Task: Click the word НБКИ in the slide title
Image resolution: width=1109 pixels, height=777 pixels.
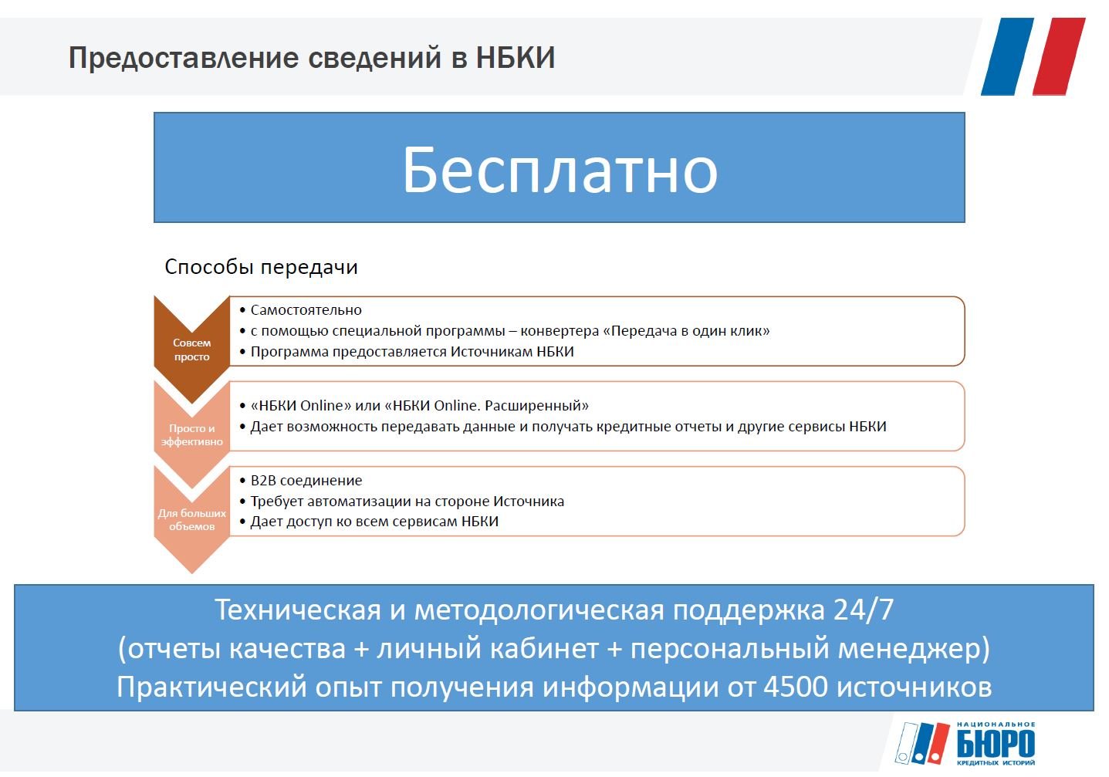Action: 516,57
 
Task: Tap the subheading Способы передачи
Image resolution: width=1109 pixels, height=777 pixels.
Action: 261,267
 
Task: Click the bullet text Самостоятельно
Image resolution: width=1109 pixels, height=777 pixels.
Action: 306,310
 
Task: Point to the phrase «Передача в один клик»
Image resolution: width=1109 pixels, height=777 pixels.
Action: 686,330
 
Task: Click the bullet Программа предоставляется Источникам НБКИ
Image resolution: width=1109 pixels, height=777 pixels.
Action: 412,352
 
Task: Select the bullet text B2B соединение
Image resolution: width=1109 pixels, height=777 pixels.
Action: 306,481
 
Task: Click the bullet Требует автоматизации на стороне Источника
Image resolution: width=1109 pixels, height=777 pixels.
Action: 407,502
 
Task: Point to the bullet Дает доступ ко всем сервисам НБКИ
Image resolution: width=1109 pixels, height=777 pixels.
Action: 374,522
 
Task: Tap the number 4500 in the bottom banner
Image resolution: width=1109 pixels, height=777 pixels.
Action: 796,687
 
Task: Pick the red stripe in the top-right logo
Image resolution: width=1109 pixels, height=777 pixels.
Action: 1059,56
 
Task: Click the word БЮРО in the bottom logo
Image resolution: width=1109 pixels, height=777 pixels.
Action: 996,743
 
